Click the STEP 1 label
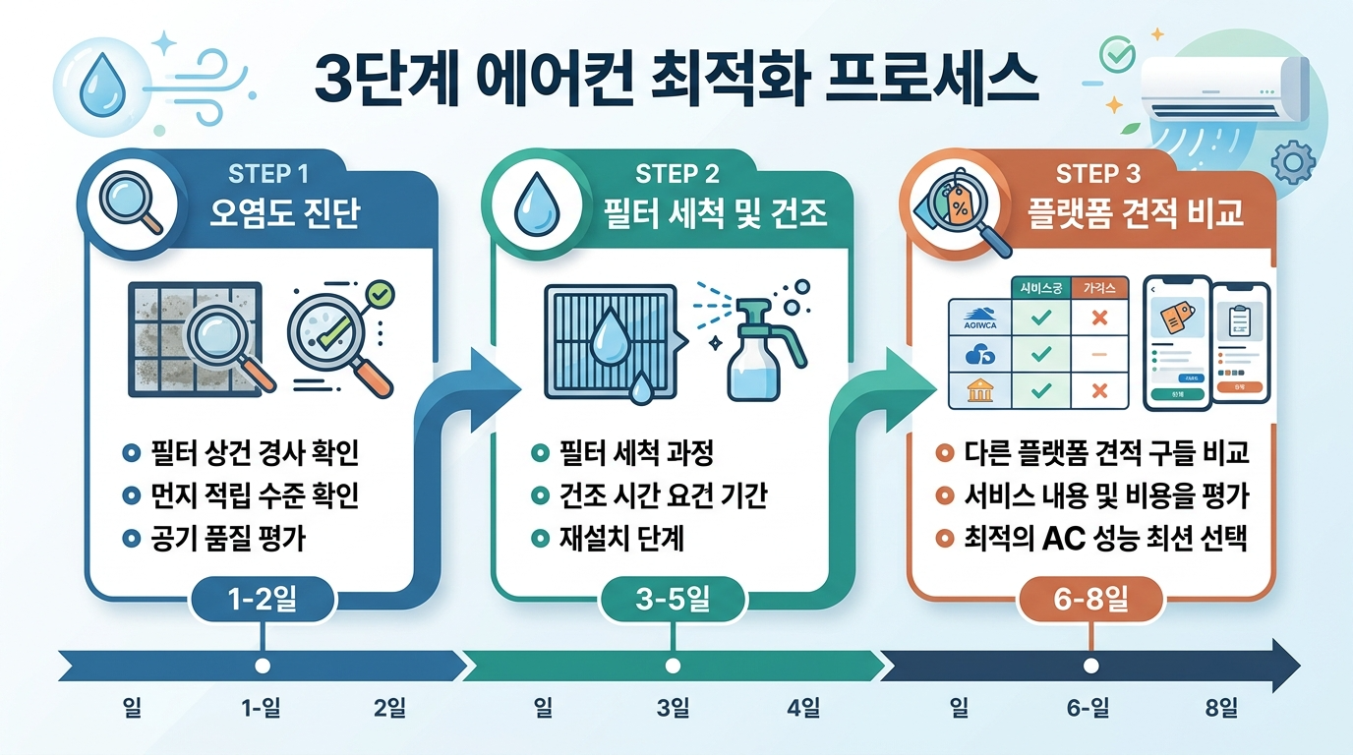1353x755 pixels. [x=268, y=174]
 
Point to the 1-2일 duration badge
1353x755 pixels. [x=263, y=601]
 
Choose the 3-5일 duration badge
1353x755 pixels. [x=674, y=601]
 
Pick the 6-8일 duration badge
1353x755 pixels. [x=1091, y=601]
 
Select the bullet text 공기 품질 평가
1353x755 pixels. [x=227, y=539]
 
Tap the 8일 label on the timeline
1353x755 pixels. [x=1221, y=708]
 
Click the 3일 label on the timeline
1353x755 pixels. [x=674, y=708]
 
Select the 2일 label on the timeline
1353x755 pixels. [x=389, y=708]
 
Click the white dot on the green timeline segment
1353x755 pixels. [x=674, y=666]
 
